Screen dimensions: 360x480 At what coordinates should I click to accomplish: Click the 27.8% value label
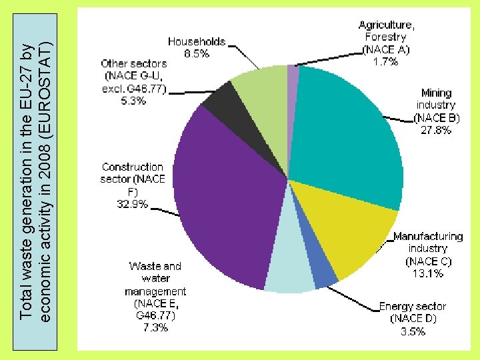coord(436,130)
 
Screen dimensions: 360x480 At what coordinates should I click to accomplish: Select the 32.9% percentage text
coord(133,203)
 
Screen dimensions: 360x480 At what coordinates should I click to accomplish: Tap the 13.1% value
coord(427,273)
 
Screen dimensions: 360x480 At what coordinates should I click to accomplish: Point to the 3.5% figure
coord(413,331)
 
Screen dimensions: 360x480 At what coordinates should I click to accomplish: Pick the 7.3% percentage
coord(155,328)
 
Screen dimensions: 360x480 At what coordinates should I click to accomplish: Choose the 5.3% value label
coord(133,101)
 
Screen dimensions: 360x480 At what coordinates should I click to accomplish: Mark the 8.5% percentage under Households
coord(196,53)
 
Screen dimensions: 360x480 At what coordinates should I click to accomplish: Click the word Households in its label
coord(196,41)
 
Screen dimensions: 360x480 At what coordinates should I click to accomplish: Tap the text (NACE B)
coord(437,118)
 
